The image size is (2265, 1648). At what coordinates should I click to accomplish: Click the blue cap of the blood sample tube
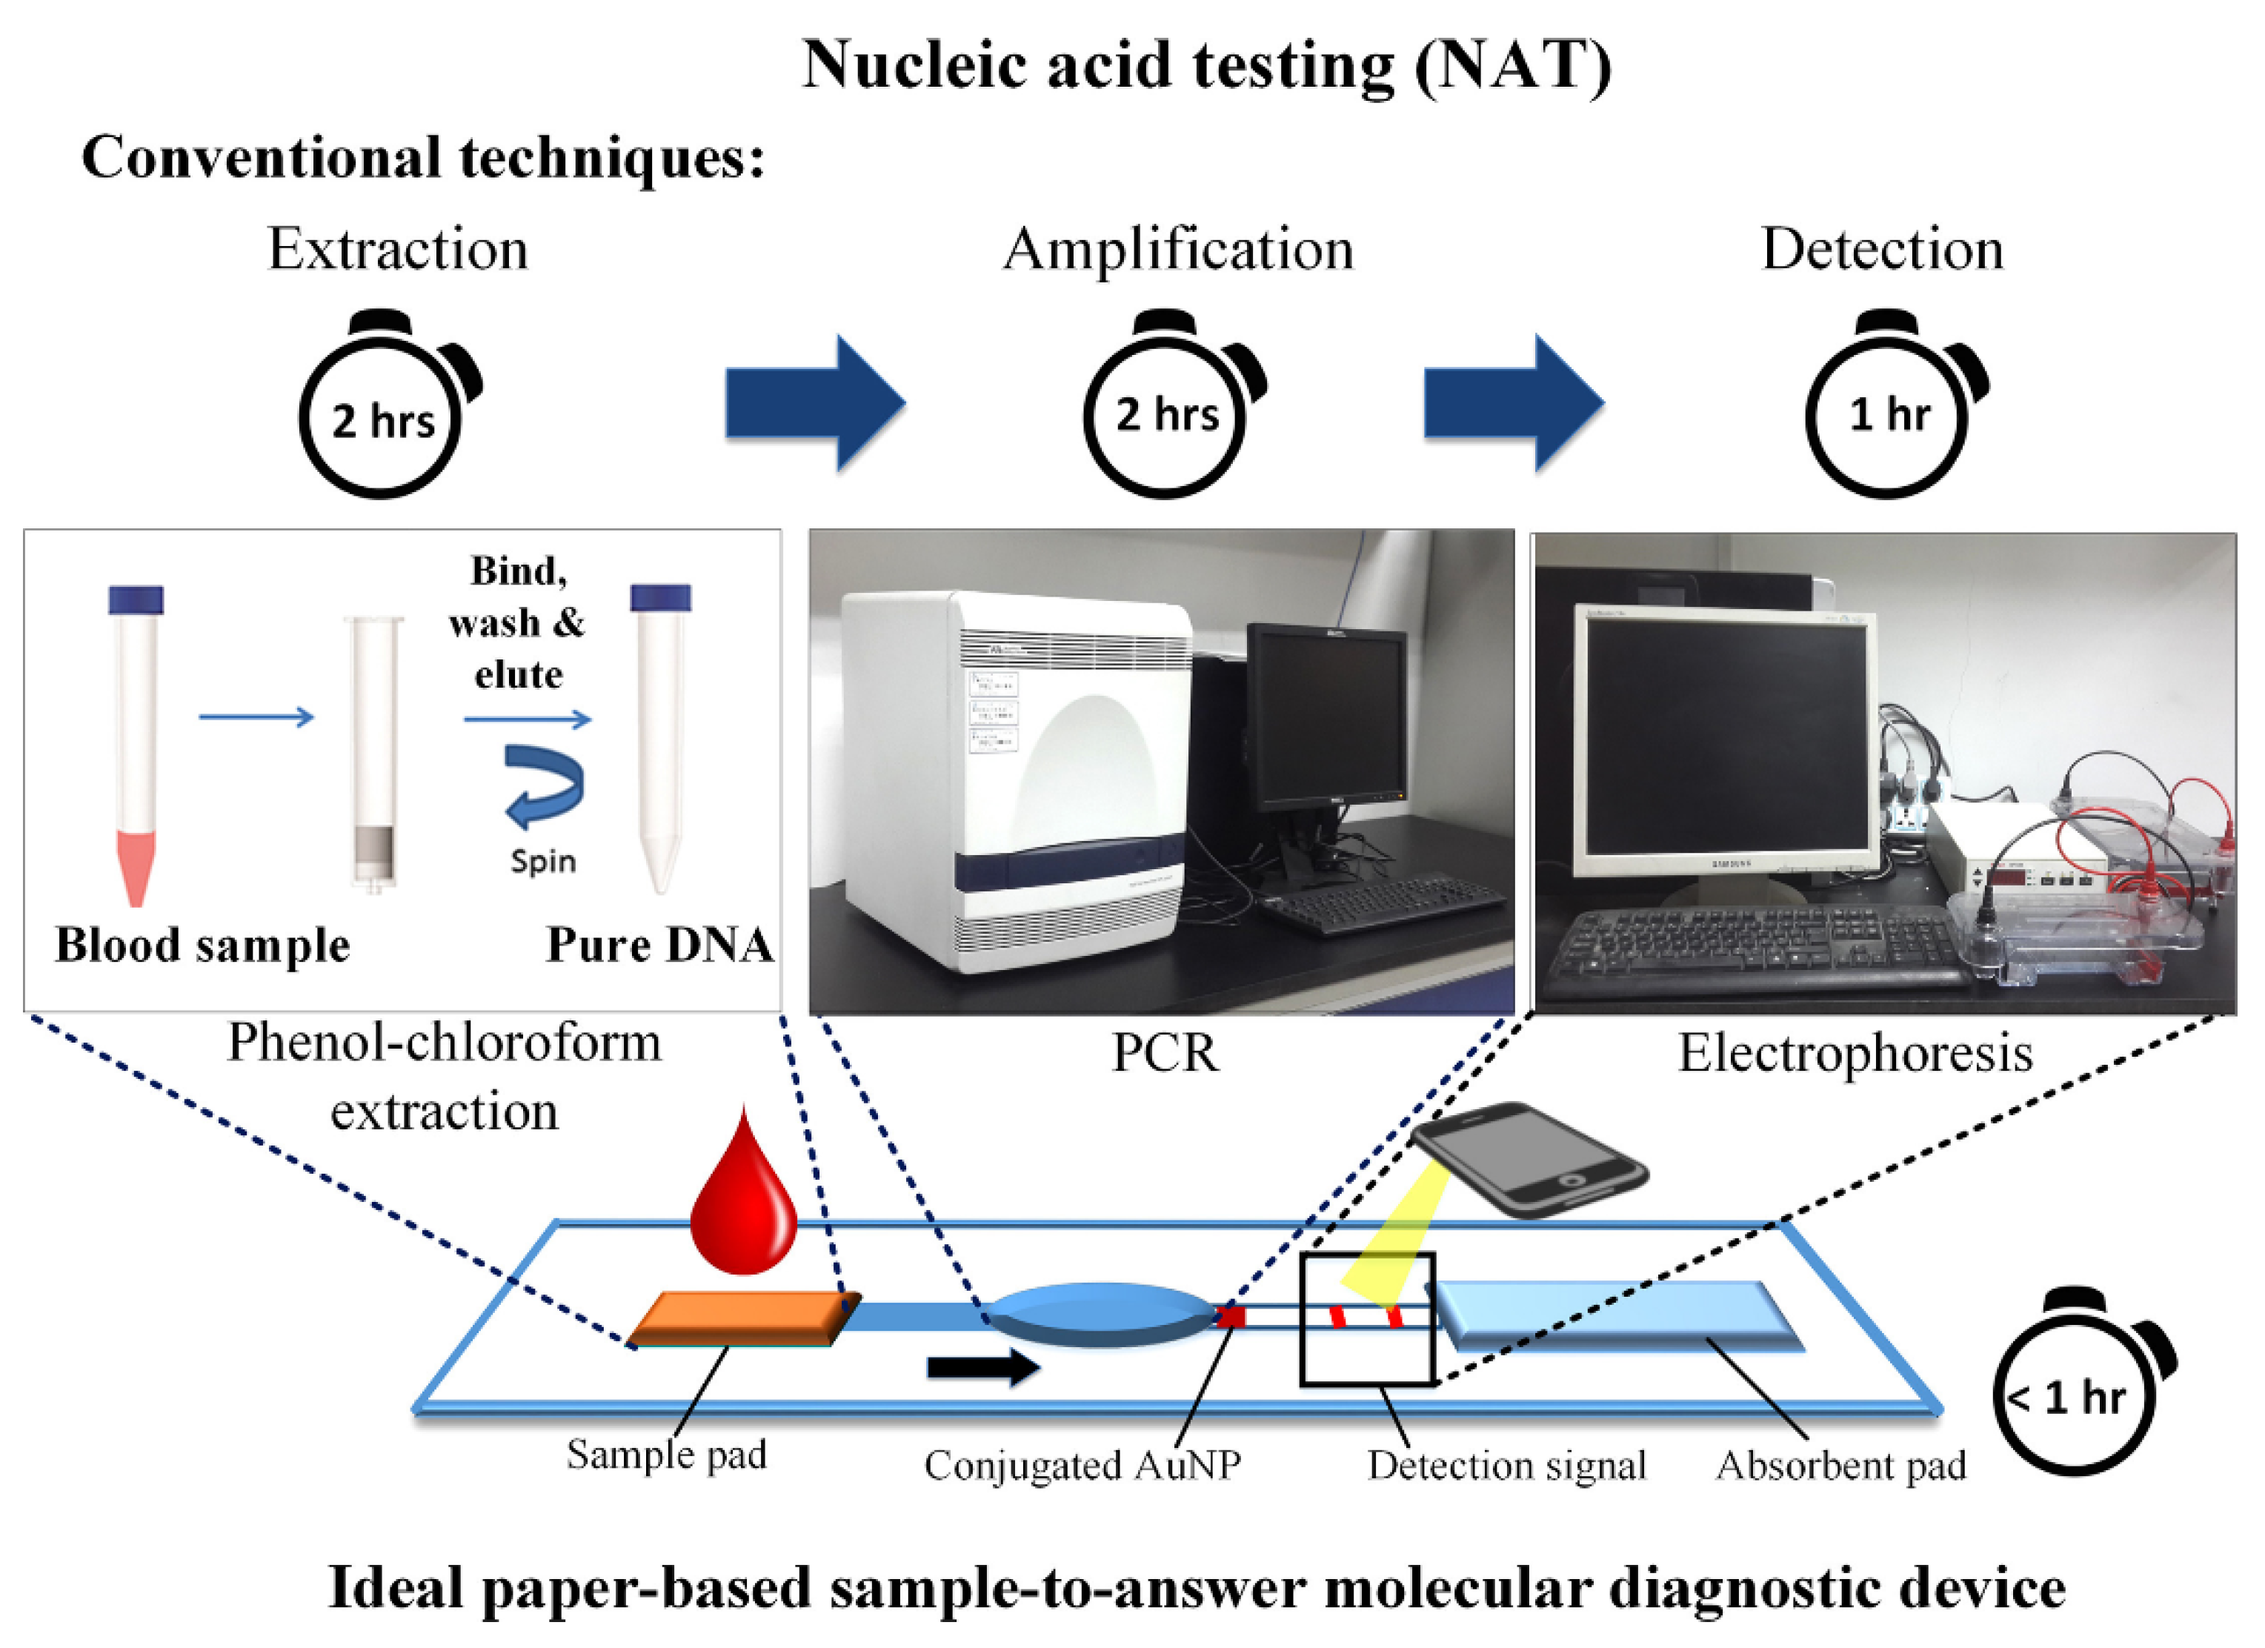(x=136, y=599)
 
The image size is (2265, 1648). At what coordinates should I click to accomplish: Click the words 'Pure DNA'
(x=659, y=945)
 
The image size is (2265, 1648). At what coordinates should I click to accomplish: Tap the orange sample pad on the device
(x=743, y=1318)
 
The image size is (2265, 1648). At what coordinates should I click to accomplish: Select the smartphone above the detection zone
(x=1528, y=1159)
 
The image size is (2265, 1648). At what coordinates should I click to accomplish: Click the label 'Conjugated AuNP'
(x=1082, y=1465)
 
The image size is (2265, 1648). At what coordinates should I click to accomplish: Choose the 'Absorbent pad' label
(x=1840, y=1465)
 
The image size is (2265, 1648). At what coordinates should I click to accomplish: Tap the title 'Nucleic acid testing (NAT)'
(x=1206, y=65)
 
